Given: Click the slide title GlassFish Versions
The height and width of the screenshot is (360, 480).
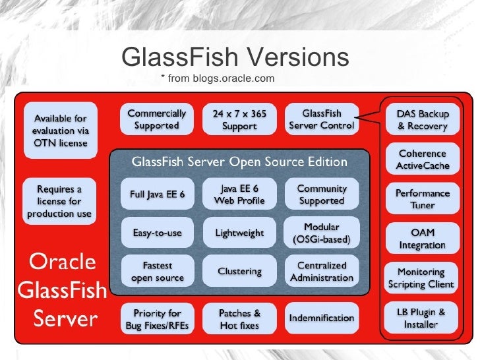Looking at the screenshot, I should click(235, 57).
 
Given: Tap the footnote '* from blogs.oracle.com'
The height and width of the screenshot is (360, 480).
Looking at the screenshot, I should click(218, 79).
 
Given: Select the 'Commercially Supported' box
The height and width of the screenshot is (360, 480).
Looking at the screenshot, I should click(156, 119).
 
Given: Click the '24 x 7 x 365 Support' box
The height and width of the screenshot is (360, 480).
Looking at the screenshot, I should click(239, 119).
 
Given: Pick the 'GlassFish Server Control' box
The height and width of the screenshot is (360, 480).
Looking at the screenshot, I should click(322, 119).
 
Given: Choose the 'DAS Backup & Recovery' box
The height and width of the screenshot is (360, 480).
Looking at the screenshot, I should click(422, 120).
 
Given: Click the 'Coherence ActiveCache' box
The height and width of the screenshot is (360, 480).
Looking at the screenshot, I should click(422, 160).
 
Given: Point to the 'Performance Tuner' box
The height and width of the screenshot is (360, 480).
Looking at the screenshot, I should click(422, 199).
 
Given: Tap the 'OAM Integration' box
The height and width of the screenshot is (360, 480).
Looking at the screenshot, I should click(422, 239).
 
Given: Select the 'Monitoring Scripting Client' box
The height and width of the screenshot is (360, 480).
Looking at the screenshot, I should click(422, 278).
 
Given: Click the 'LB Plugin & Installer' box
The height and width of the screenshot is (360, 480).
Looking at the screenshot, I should click(422, 318).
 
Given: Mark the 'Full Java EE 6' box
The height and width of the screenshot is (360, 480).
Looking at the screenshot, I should click(157, 194).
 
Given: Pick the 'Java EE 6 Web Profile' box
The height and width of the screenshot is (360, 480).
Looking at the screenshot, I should click(239, 194).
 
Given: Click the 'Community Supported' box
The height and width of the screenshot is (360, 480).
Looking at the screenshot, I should click(322, 194).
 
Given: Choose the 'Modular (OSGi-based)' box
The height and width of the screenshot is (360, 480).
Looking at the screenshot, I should click(322, 233).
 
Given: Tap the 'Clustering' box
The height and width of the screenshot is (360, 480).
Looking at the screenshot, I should click(239, 271).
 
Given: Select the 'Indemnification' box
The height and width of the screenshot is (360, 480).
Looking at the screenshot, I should click(322, 318).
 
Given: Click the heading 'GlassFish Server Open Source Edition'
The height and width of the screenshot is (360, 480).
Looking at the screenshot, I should click(239, 162).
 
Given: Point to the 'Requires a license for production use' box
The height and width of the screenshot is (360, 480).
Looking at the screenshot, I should click(59, 201).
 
